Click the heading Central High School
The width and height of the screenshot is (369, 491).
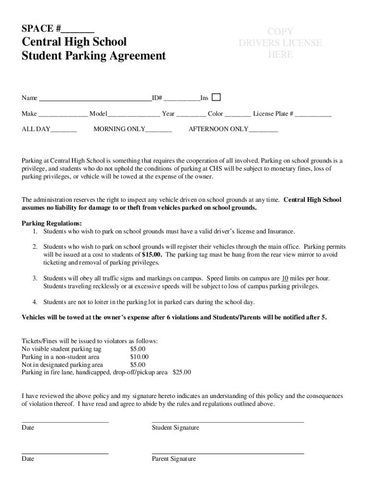74,42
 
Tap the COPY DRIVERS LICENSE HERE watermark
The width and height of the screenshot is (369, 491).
280,43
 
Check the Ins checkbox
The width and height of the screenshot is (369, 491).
216,97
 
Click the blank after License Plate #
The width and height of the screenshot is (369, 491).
313,115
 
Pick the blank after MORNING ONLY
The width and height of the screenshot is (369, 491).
159,130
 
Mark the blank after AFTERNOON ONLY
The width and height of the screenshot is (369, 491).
263,130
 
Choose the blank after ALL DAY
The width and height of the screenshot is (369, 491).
64,130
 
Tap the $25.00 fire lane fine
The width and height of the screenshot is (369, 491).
182,372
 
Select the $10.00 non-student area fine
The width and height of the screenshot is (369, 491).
139,357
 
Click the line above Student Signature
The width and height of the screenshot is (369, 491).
228,421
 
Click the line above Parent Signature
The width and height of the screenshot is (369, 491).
228,453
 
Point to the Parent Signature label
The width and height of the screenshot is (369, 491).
174,459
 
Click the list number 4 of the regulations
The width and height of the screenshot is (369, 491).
35,302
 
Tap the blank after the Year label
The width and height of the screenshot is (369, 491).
191,115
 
